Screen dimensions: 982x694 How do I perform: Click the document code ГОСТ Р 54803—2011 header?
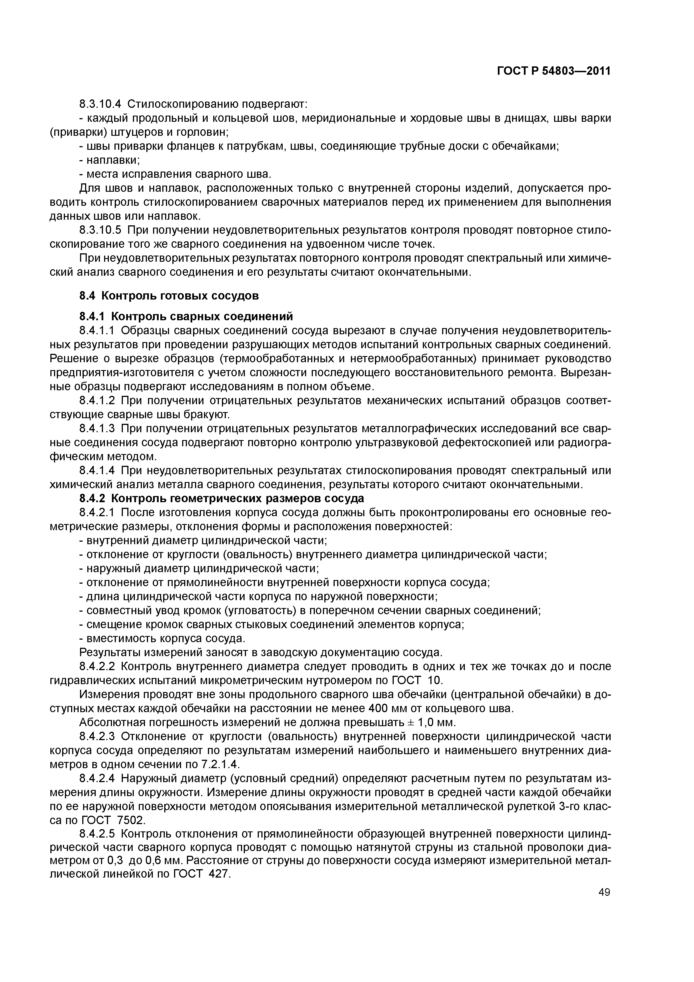(553, 71)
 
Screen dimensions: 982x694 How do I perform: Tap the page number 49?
(604, 892)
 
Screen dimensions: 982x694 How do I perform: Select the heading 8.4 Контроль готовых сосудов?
(169, 296)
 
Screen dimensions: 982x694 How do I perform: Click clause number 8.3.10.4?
(100, 104)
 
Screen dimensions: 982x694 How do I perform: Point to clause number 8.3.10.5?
(100, 231)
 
